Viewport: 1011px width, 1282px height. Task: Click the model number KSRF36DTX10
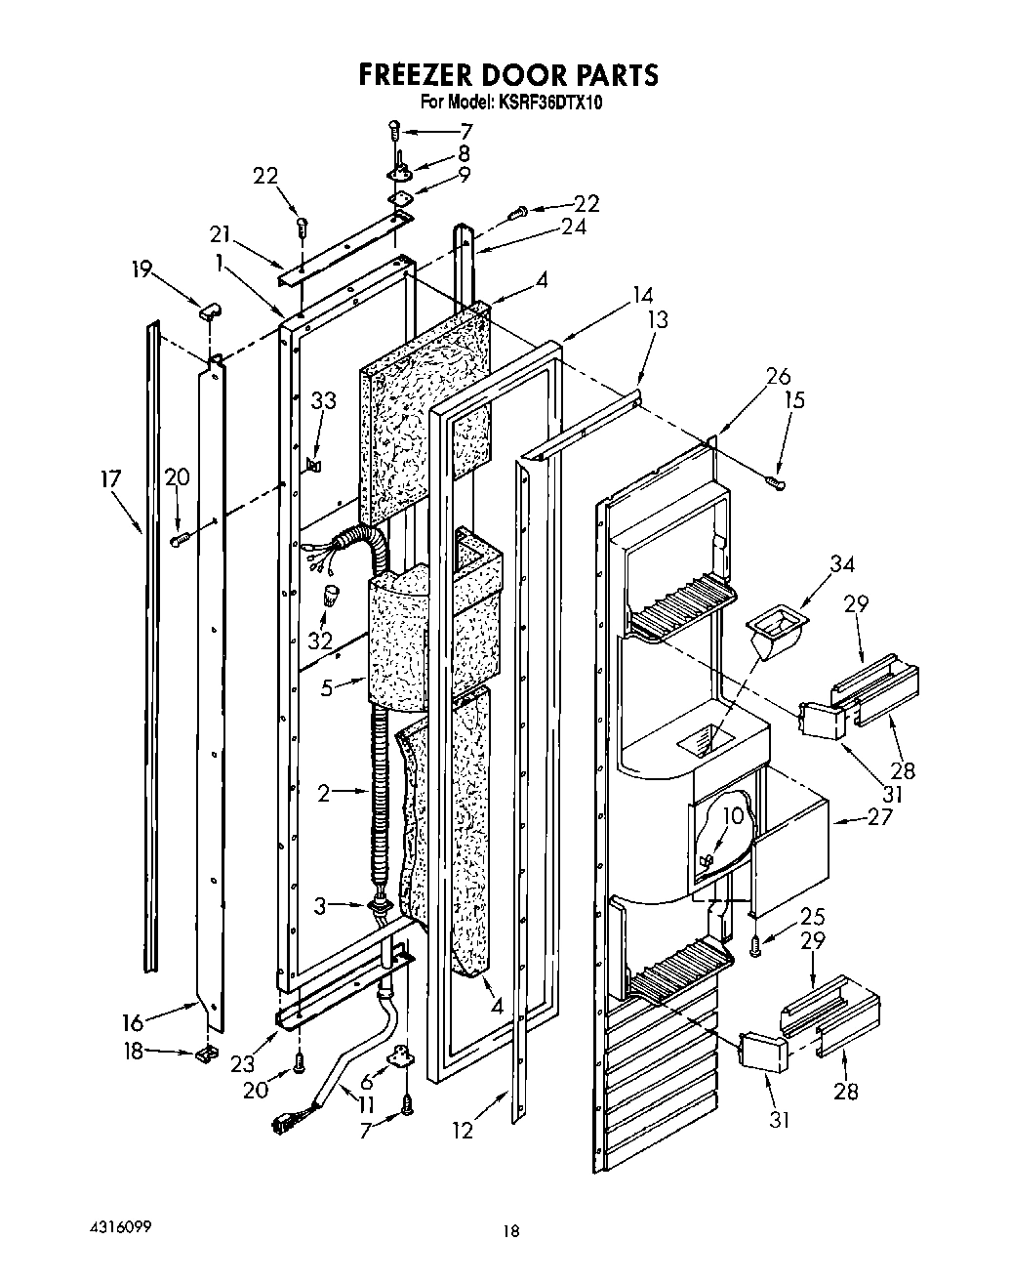546,102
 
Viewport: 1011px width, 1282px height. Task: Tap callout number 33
323,400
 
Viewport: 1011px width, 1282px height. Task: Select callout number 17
110,478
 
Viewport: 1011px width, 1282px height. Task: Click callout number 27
879,816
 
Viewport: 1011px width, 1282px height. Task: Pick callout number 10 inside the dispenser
733,815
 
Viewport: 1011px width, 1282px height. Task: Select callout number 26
778,376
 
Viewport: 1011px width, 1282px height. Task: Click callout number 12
463,1131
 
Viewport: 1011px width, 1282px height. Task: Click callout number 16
133,1022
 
